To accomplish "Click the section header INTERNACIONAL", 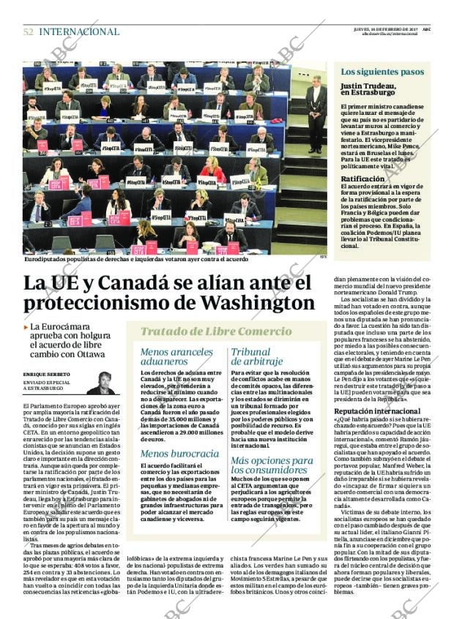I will [x=78, y=31].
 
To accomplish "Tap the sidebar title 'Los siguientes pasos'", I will [x=382, y=72].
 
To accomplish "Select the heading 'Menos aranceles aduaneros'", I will [x=176, y=356].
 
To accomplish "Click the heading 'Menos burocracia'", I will [x=179, y=454].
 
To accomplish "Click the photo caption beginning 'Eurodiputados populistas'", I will [x=135, y=258].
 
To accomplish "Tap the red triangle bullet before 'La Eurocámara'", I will [x=26, y=327].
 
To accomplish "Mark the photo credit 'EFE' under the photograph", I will [x=323, y=256].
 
